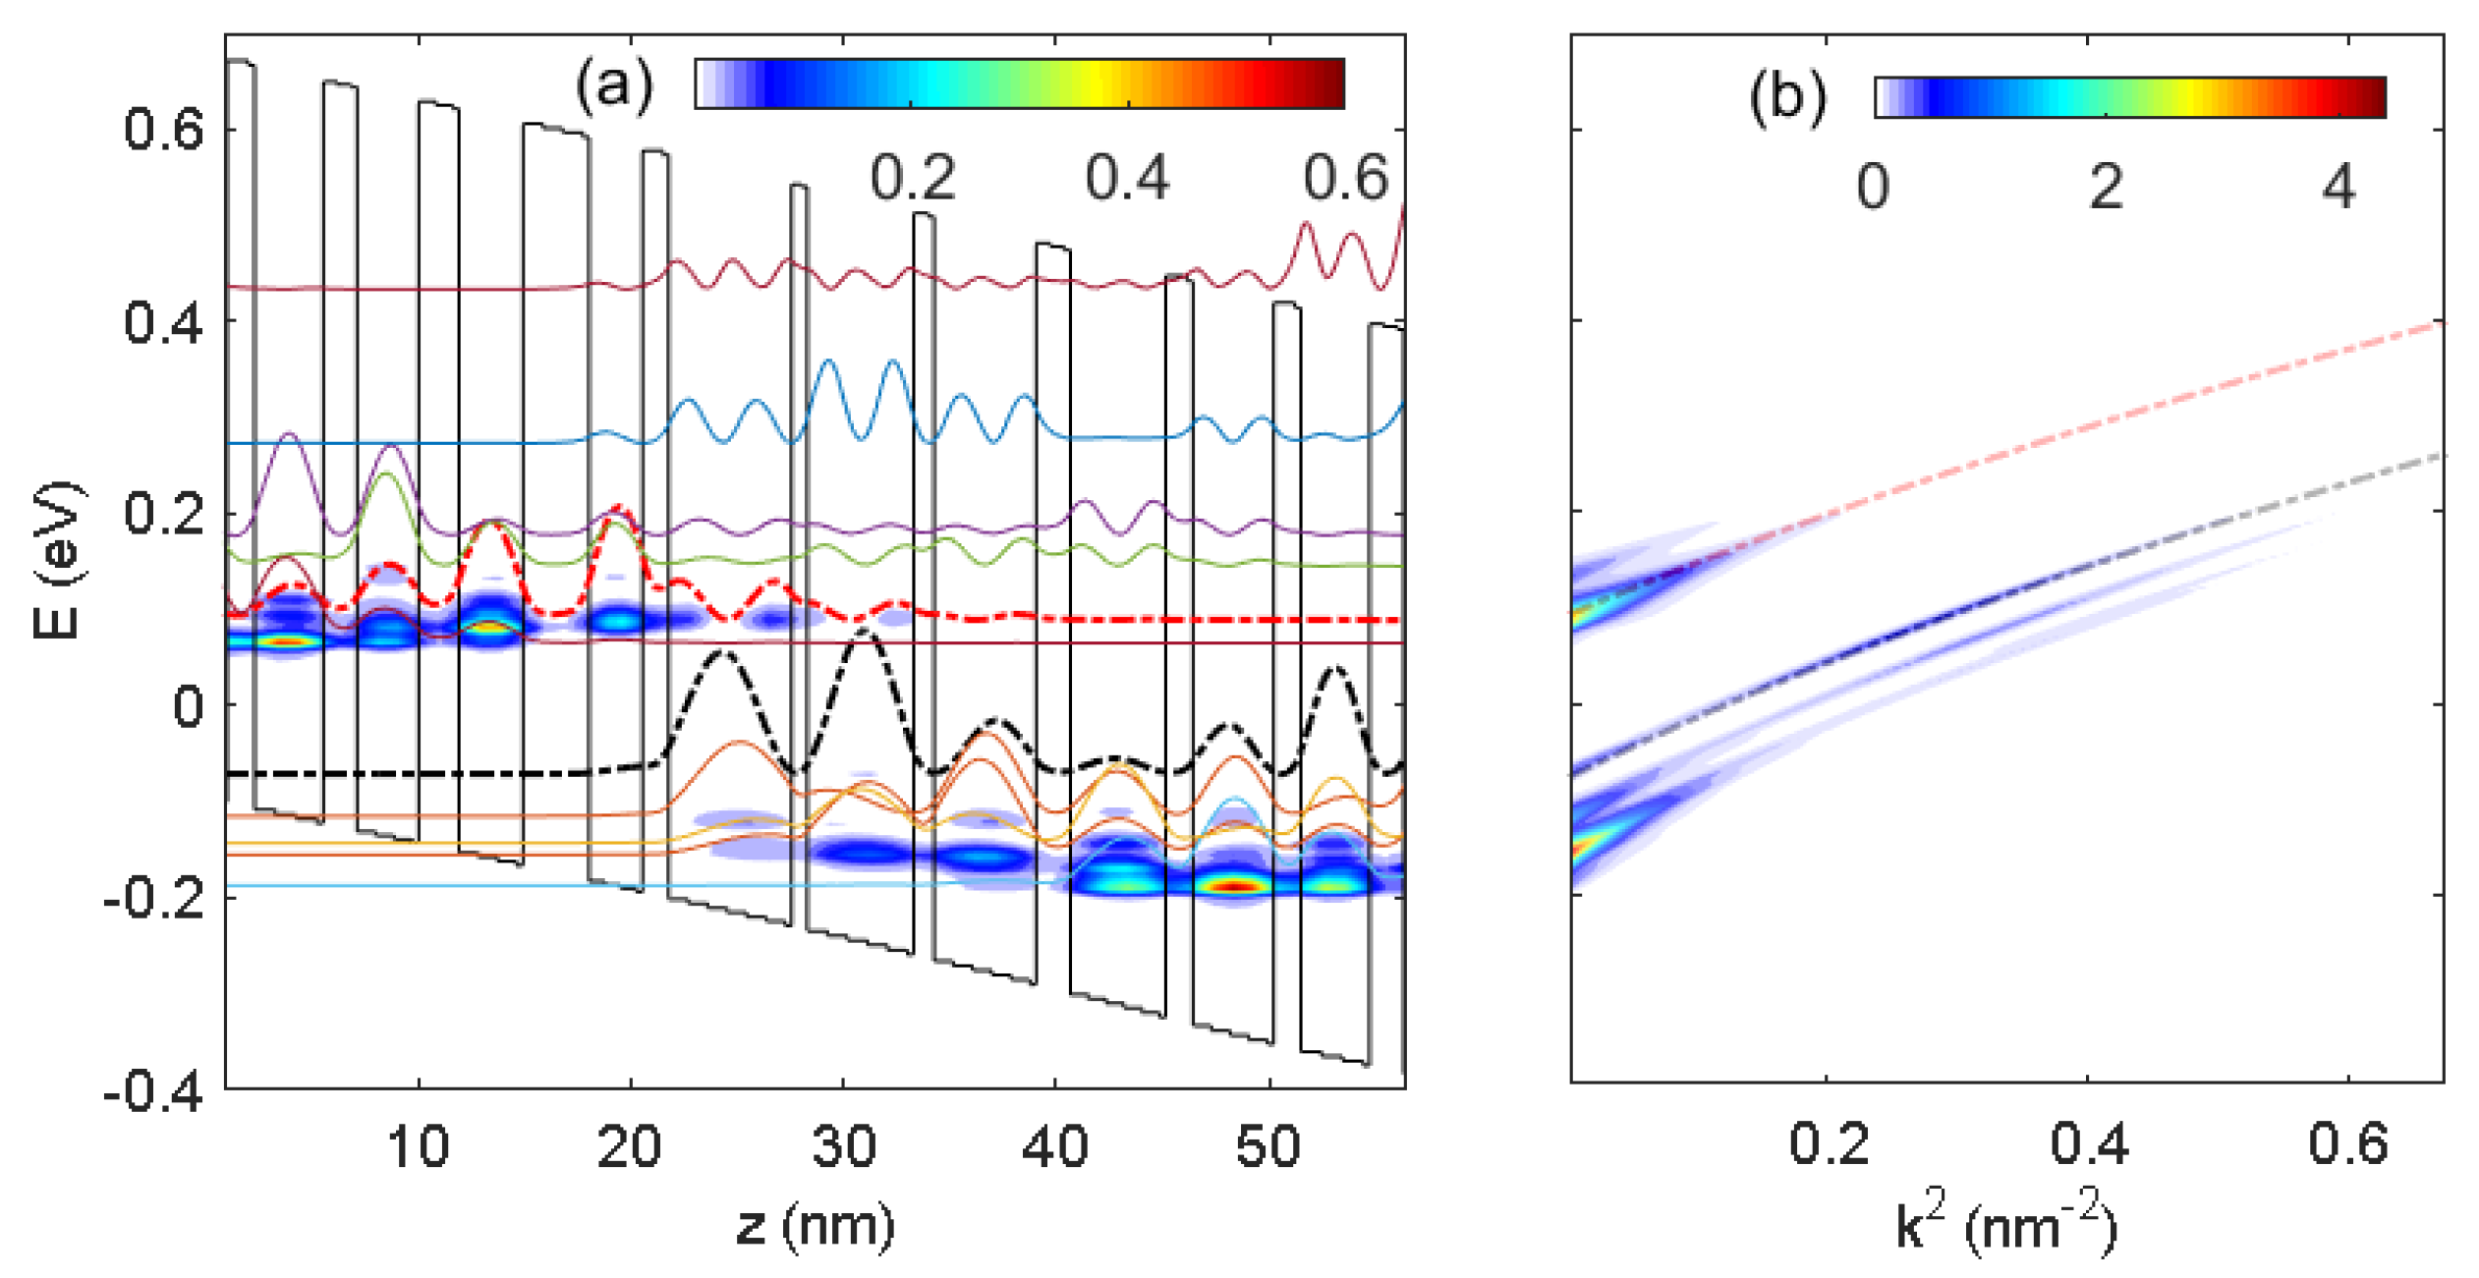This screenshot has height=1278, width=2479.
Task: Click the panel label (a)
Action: tap(614, 85)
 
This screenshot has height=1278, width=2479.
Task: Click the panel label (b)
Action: tap(1787, 98)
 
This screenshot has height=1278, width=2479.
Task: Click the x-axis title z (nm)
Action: tap(815, 1225)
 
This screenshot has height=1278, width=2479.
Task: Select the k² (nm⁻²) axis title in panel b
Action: tap(2005, 1225)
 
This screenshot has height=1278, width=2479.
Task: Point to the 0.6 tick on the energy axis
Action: tap(163, 130)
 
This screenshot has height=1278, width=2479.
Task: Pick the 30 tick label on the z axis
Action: tap(843, 1146)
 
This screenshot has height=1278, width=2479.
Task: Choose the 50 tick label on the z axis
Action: tap(1268, 1146)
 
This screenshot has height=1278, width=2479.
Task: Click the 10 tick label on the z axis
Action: tap(419, 1146)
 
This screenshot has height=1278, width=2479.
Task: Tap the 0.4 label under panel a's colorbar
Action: tap(1127, 179)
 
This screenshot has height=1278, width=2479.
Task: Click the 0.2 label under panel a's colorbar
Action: tap(912, 179)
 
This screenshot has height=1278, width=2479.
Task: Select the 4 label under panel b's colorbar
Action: tap(2338, 187)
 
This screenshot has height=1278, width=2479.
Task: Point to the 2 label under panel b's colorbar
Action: tap(2106, 187)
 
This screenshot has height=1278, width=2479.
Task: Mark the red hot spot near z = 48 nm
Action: tap(1236, 886)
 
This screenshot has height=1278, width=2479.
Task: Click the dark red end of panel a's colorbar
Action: tap(1331, 83)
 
